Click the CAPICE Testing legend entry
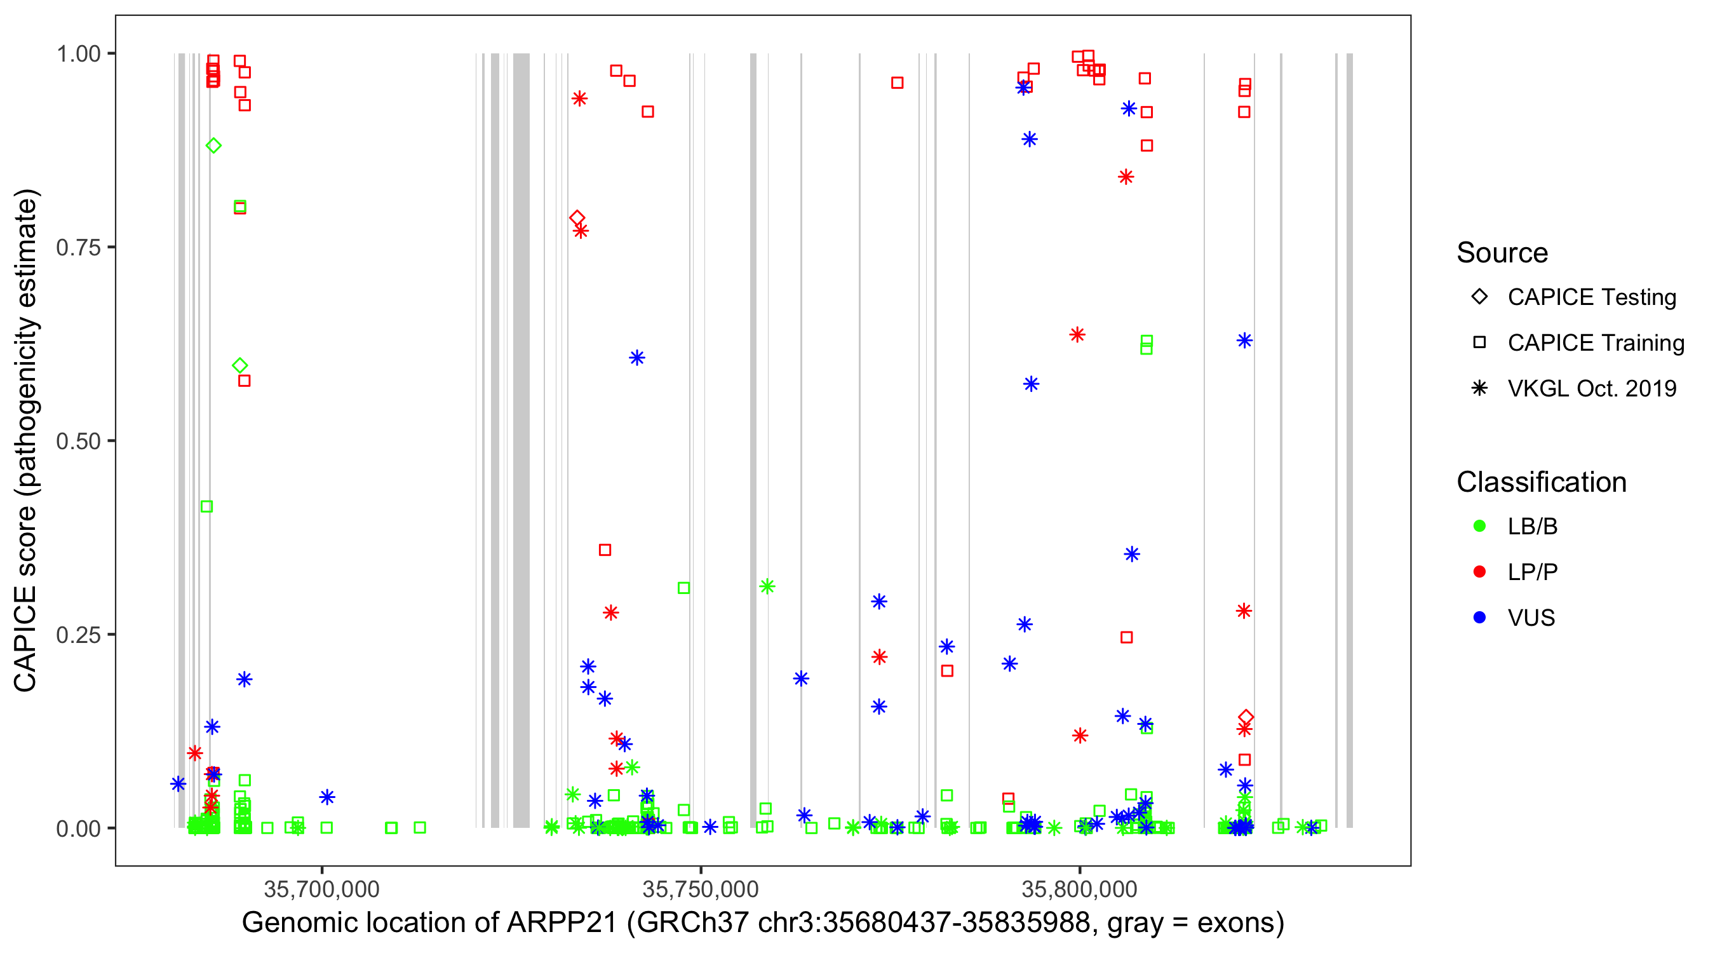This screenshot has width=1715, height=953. pyautogui.click(x=1591, y=297)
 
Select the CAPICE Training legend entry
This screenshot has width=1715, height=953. pyautogui.click(x=1594, y=343)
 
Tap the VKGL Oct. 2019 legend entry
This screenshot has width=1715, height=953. pyautogui.click(x=1591, y=388)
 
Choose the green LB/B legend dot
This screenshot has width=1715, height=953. pyautogui.click(x=1479, y=526)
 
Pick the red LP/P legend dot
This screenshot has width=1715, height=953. pyautogui.click(x=1479, y=572)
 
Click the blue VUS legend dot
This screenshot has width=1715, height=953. pyautogui.click(x=1479, y=618)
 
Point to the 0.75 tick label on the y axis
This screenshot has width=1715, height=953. pyautogui.click(x=77, y=247)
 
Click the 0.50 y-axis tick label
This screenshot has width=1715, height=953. pyautogui.click(x=77, y=441)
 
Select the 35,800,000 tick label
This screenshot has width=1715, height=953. pyautogui.click(x=1079, y=889)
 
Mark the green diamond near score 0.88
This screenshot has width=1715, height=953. pyautogui.click(x=213, y=146)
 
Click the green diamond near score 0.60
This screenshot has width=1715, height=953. pyautogui.click(x=240, y=365)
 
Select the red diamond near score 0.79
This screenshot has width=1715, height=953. pyautogui.click(x=577, y=218)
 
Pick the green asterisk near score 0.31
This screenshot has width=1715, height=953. pyautogui.click(x=767, y=586)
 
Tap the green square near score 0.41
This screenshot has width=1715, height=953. pyautogui.click(x=206, y=507)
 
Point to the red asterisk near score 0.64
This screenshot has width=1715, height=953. pyautogui.click(x=1077, y=335)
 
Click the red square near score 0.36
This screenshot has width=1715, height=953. pyautogui.click(x=605, y=550)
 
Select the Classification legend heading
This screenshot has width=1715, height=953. pyautogui.click(x=1541, y=482)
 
